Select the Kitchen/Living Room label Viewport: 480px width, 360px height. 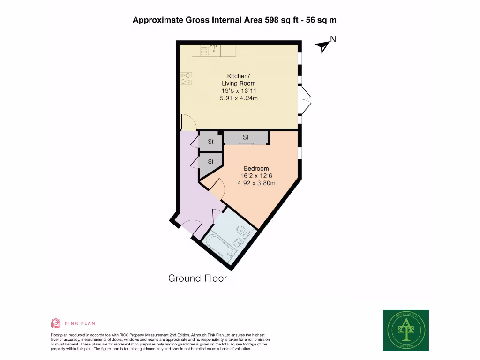[x=239, y=80]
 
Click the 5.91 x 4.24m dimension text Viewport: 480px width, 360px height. [x=239, y=98]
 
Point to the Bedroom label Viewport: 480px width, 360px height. [x=256, y=169]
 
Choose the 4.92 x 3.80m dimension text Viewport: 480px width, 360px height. [x=256, y=183]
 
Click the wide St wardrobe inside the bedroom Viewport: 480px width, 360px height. [x=246, y=137]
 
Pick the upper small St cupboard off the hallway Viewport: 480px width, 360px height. [x=210, y=142]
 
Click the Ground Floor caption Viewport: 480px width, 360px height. [x=197, y=278]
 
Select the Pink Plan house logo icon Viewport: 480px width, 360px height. [x=56, y=323]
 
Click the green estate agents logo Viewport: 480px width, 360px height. [x=406, y=330]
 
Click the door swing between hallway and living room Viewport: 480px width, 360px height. [x=187, y=123]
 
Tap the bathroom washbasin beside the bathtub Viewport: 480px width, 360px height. [x=238, y=241]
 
